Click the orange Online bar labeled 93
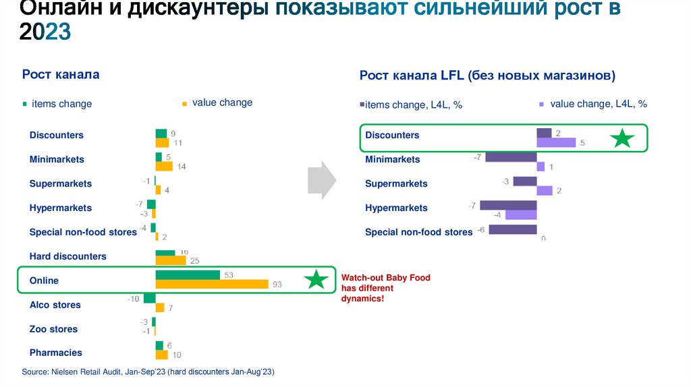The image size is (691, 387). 213,285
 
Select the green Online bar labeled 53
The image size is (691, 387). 188,275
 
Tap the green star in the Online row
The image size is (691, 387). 316,280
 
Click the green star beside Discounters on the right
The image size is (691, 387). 622,139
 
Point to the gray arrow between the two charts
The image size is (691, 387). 321,180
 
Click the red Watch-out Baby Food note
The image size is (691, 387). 385,288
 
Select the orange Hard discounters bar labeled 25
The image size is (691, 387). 171,260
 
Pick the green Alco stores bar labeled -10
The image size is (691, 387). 150,299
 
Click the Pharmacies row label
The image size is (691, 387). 56,353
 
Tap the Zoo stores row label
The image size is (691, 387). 53,329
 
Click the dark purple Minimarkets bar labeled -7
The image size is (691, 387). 510,157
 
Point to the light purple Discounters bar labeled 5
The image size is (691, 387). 556,143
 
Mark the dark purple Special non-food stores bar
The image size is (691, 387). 512,230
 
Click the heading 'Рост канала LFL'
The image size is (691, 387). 487,76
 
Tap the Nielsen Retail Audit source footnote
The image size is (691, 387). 148,372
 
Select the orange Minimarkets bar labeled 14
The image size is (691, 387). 164,166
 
